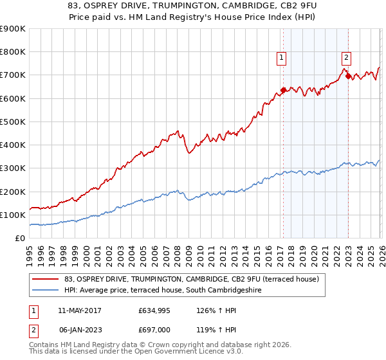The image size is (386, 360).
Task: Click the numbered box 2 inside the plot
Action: point(346,57)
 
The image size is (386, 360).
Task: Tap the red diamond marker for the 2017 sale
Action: point(283,90)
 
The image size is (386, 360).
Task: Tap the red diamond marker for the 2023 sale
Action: point(348,76)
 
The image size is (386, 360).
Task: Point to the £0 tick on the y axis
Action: point(21,238)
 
